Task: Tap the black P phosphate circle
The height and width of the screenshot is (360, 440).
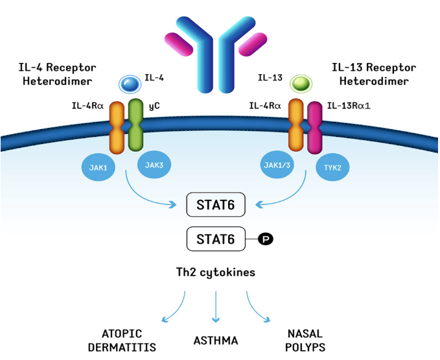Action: point(266,239)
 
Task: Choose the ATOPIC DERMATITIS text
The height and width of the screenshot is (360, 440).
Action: point(122,341)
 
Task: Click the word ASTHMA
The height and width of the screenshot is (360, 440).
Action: point(216,341)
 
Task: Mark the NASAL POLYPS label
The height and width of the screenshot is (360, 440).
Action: point(305,341)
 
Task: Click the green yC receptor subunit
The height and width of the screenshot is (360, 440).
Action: point(136,123)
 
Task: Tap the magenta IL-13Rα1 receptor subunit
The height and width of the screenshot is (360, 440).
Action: point(316,126)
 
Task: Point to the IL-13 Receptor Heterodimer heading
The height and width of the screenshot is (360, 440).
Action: point(374,73)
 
